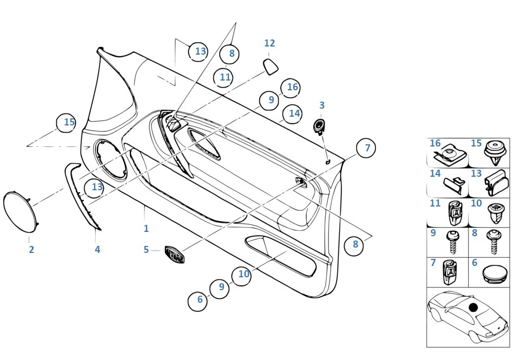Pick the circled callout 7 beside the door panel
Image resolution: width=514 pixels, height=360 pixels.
[366, 148]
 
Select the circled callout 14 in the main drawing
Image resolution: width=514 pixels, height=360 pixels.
[293, 114]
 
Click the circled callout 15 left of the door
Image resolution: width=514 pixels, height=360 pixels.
[68, 123]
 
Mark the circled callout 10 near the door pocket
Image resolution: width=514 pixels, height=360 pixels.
[244, 274]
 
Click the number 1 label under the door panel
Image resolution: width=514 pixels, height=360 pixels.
[146, 229]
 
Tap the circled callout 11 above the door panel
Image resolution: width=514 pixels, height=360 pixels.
[225, 77]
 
